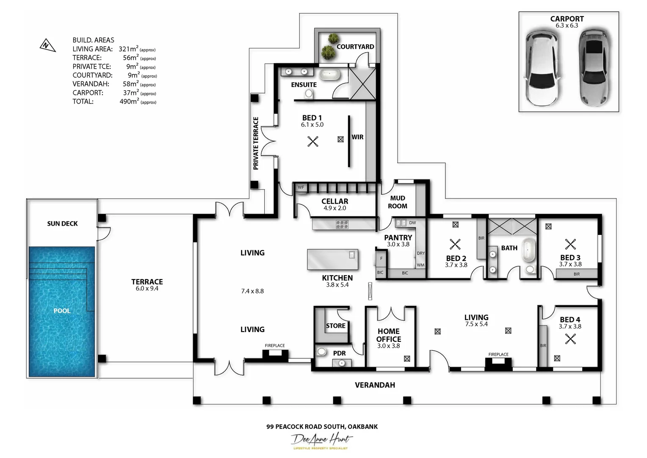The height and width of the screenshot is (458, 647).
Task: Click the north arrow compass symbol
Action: click(x=47, y=45)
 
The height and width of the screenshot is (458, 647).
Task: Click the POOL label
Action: click(x=62, y=311)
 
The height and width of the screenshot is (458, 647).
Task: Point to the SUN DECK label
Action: click(x=62, y=223)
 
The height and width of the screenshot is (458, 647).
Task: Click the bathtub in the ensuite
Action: click(x=329, y=75)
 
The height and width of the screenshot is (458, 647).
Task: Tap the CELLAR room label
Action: click(x=335, y=201)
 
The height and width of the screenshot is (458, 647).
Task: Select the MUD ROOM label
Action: click(x=398, y=202)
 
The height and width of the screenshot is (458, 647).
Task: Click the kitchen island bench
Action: click(x=332, y=260)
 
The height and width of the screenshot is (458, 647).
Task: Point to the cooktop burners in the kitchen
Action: click(x=342, y=224)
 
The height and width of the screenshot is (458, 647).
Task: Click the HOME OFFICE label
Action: click(x=389, y=335)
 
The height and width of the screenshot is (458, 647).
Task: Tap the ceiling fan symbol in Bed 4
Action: click(x=570, y=339)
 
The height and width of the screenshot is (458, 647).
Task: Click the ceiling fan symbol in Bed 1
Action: click(x=313, y=141)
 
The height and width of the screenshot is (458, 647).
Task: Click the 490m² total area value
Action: click(x=129, y=101)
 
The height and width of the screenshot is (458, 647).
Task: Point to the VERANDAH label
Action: click(x=375, y=385)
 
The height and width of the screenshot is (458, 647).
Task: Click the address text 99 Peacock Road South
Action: click(x=322, y=427)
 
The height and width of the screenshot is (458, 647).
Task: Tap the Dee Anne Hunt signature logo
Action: click(x=321, y=441)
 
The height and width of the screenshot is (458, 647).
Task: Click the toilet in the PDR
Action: click(x=322, y=352)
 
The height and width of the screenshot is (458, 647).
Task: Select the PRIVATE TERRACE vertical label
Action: click(x=256, y=143)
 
